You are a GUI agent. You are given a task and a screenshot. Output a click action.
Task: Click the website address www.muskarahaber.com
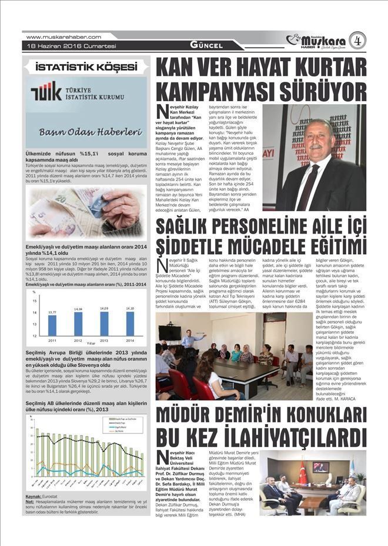63,36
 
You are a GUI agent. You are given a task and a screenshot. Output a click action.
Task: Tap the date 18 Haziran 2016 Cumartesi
65,46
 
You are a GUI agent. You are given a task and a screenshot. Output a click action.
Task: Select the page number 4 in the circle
357,40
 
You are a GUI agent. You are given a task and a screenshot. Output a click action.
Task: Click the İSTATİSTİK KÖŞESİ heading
86,66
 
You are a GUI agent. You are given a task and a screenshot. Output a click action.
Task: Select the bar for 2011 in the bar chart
52,325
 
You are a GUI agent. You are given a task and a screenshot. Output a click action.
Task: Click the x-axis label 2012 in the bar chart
78,341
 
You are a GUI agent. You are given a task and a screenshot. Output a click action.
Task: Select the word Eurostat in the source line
51,497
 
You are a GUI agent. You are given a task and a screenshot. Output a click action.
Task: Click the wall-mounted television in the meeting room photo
170,332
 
